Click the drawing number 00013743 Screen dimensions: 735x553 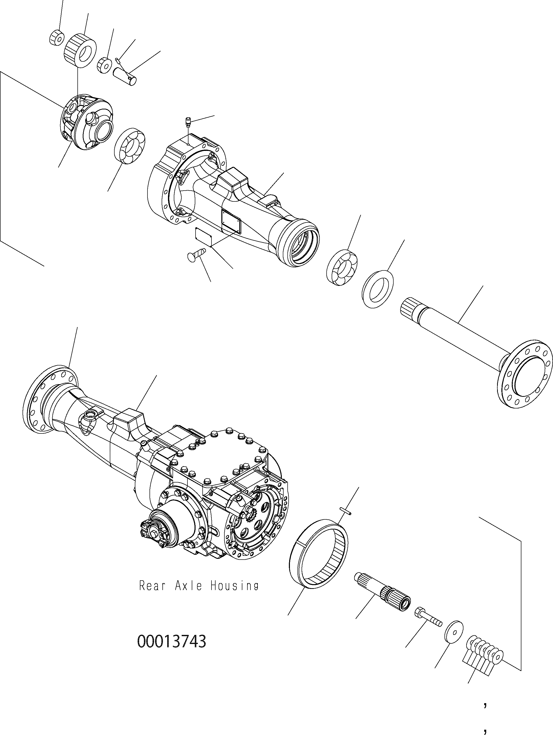coord(172,642)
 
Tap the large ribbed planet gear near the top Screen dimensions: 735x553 coord(80,49)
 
